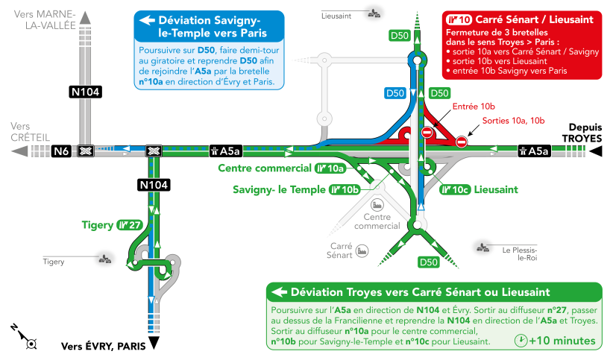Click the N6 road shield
pos(61,151)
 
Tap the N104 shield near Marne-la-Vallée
pos(86,92)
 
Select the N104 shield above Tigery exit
pos(154,185)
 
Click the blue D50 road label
pos(395,93)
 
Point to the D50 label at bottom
pos(429,262)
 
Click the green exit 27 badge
pos(130,225)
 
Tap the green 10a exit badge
pos(330,168)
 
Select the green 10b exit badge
pos(345,190)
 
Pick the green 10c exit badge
pos(455,190)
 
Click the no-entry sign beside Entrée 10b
pos(427,133)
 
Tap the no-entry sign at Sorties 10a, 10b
pos(462,142)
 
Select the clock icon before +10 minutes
pos(521,341)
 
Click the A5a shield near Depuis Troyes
pos(534,151)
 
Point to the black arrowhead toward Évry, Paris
pos(154,342)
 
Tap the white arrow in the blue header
pos(148,20)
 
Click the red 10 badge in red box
pos(459,19)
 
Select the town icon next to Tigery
pos(105,259)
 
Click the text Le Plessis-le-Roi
pos(520,253)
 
